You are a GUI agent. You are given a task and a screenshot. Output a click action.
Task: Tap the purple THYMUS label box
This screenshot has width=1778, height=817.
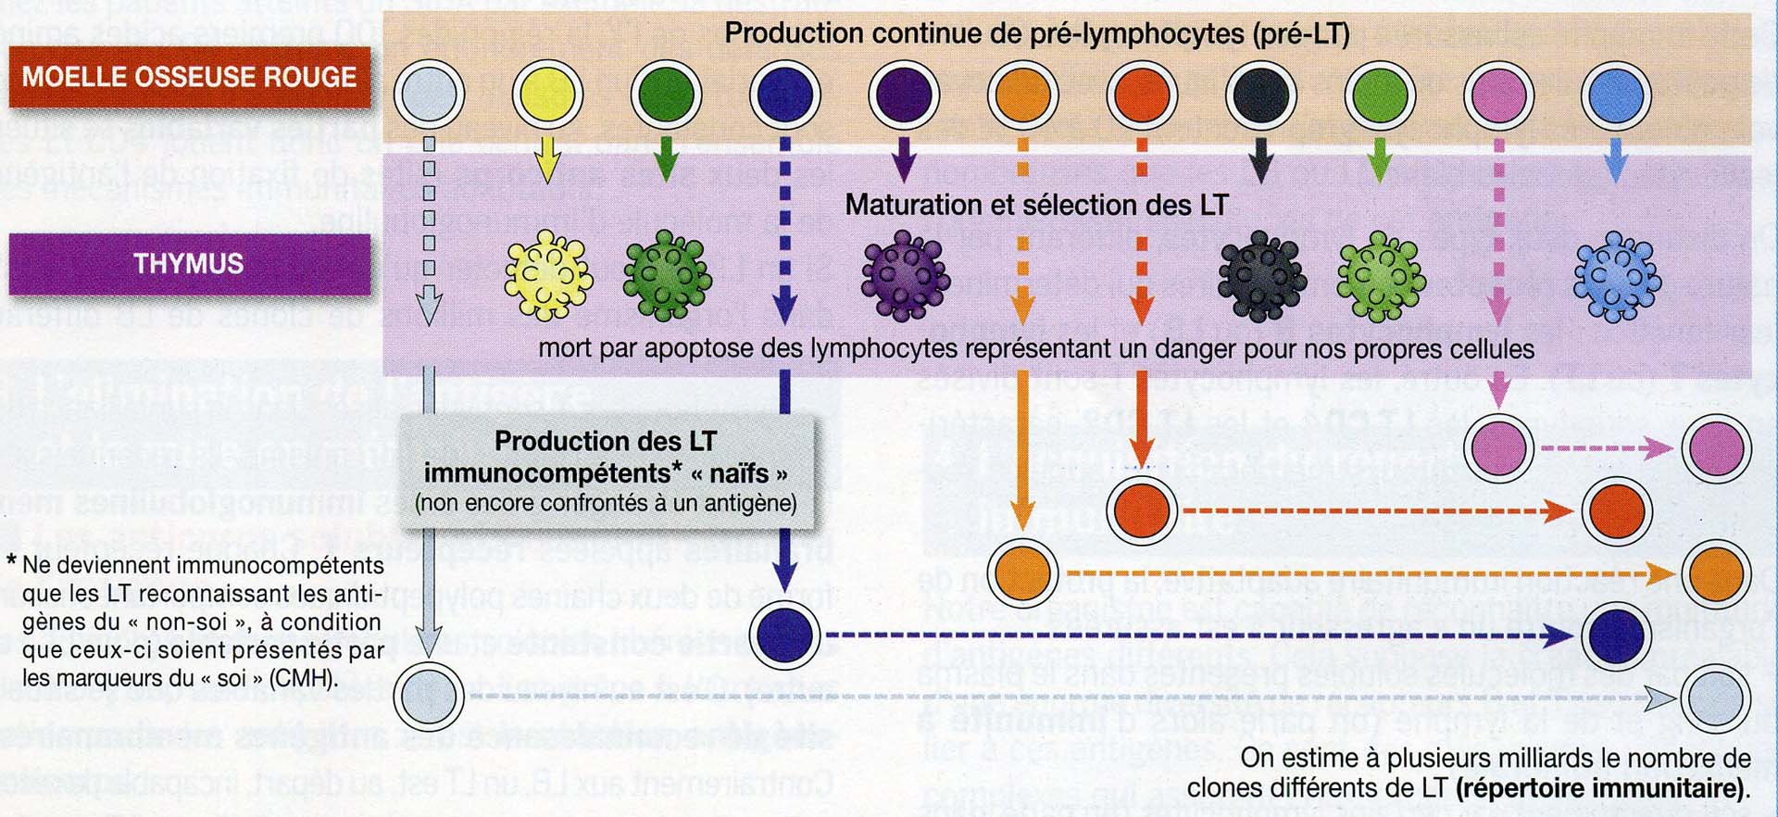click(x=189, y=264)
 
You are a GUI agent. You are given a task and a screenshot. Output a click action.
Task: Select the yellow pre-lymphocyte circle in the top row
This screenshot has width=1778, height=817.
click(x=547, y=94)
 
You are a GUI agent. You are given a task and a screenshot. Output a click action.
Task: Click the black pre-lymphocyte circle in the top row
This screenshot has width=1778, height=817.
click(x=1260, y=94)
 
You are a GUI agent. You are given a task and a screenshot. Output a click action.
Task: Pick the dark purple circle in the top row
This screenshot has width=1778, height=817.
click(x=904, y=94)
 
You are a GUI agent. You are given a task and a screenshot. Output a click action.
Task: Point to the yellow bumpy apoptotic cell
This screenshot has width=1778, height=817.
click(x=548, y=275)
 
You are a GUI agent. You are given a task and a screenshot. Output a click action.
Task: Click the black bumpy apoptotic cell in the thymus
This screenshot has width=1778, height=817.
click(x=1260, y=275)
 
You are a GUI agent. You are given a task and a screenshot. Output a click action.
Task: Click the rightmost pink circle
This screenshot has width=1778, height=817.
click(x=1716, y=447)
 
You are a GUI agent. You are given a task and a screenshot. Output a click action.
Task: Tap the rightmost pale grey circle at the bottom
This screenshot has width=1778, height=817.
click(x=1716, y=699)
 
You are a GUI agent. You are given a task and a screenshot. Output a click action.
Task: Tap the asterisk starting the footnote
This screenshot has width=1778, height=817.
click(x=11, y=562)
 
